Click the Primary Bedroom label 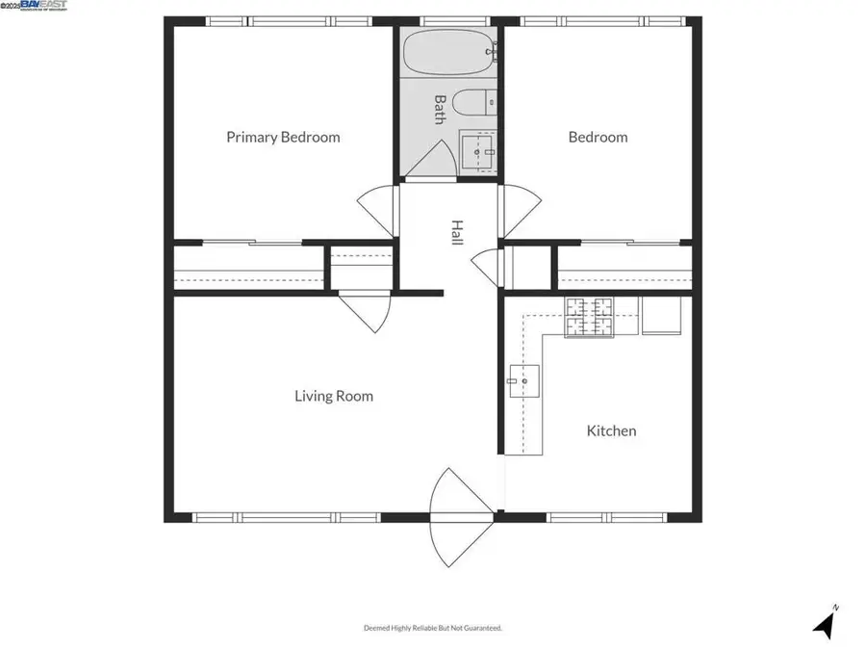pos(283,137)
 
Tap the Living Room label pos(334,396)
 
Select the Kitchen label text pos(611,430)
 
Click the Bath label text pos(439,109)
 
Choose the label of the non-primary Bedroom pos(598,137)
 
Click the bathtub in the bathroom pos(449,52)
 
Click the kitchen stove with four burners pos(589,318)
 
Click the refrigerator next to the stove pos(661,315)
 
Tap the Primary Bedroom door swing pos(377,205)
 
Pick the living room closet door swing pos(366,311)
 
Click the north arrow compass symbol pos(824,623)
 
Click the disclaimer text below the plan pos(432,628)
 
